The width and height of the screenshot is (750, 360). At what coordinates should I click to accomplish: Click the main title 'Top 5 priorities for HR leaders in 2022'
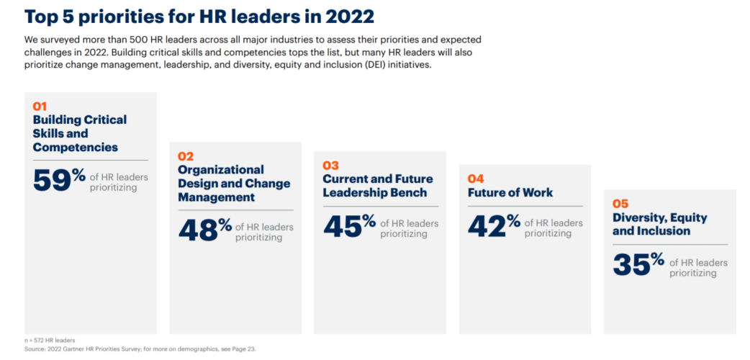200,16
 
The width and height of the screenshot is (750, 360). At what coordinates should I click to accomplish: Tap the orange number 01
40,107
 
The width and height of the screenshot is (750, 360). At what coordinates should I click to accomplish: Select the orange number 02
185,156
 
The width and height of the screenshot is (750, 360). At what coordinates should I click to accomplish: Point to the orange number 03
330,166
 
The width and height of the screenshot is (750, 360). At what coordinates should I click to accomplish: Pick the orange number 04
476,179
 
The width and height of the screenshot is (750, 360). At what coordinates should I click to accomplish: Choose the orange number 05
620,204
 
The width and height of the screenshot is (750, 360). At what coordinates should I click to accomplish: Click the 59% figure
60,180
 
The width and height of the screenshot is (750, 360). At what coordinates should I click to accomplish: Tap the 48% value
205,230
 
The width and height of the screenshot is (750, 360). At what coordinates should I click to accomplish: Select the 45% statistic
350,225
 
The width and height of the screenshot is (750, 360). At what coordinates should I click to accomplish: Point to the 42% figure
494,225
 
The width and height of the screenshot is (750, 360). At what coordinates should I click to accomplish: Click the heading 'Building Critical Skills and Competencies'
79,133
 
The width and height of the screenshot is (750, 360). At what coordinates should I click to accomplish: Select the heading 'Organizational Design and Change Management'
234,183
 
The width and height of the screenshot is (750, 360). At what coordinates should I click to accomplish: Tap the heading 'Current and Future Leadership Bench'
377,186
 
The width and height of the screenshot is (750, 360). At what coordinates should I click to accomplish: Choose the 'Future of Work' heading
510,192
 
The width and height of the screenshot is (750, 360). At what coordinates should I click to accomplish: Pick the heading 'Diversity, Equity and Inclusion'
659,224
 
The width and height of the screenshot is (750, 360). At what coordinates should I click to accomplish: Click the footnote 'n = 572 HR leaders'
50,340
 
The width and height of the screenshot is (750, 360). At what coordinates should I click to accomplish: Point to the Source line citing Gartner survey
140,348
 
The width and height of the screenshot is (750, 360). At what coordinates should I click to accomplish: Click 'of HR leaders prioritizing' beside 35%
698,268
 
